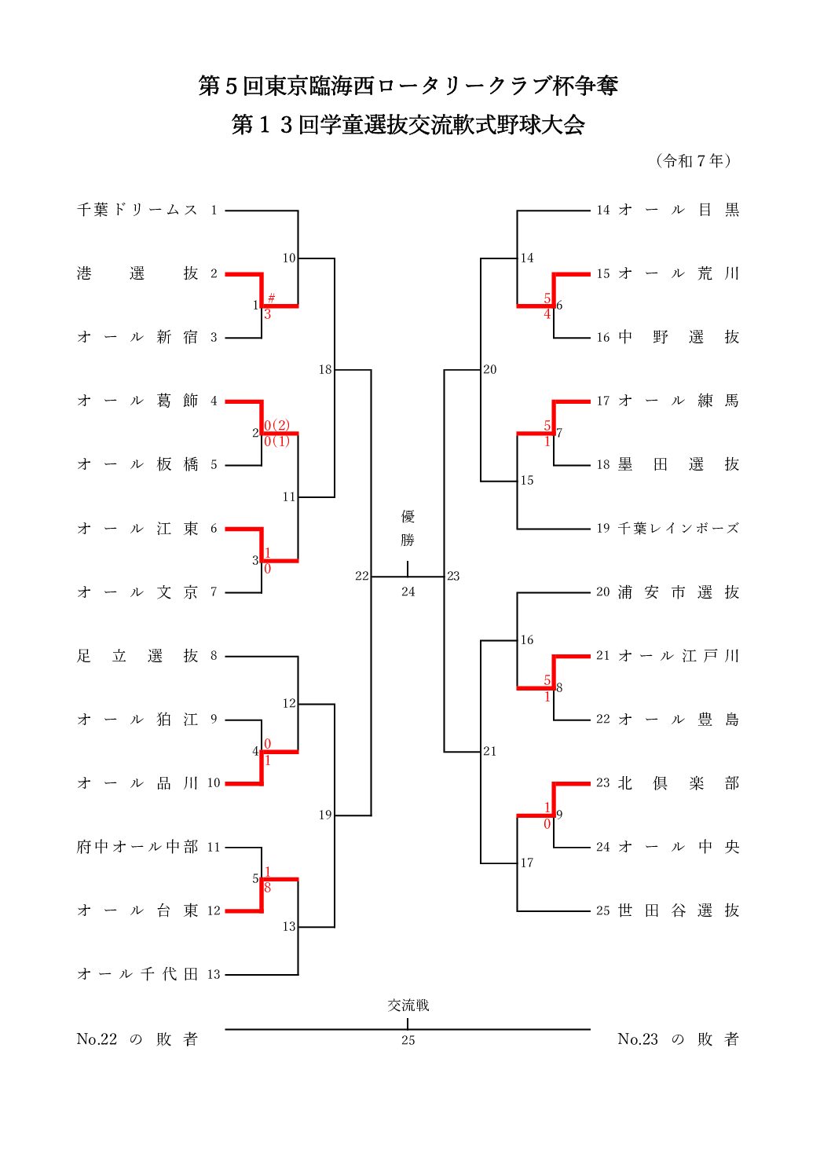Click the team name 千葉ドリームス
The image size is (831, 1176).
coord(137,210)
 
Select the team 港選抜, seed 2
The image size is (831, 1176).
coord(137,273)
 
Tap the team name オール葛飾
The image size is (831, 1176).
coord(137,401)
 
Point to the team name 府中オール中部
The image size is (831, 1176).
coord(137,847)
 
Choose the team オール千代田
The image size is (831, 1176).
coord(137,974)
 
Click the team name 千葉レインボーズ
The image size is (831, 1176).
coord(679,529)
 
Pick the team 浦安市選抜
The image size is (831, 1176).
coord(679,592)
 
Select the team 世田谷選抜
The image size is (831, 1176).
coord(679,910)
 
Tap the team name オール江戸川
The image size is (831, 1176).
coord(679,656)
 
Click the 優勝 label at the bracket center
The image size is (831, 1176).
coord(408,528)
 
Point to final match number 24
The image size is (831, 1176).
coord(408,592)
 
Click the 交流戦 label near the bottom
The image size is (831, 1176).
coord(408,1006)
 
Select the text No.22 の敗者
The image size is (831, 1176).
coord(137,1039)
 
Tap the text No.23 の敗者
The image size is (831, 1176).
coord(679,1039)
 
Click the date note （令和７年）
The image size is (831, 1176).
coord(694,161)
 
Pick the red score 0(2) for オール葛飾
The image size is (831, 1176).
coord(276,426)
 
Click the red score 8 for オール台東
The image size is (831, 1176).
coord(268,888)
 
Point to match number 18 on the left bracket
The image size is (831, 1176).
coord(325,369)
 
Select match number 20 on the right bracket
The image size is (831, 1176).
coord(490,369)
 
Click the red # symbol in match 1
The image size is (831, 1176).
coord(271,298)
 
